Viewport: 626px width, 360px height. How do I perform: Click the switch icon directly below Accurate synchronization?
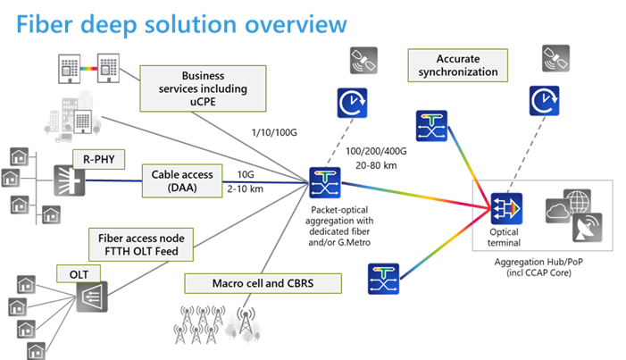(431, 127)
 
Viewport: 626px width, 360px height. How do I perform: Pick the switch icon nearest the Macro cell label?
(383, 279)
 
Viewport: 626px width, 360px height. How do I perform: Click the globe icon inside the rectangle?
(576, 199)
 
